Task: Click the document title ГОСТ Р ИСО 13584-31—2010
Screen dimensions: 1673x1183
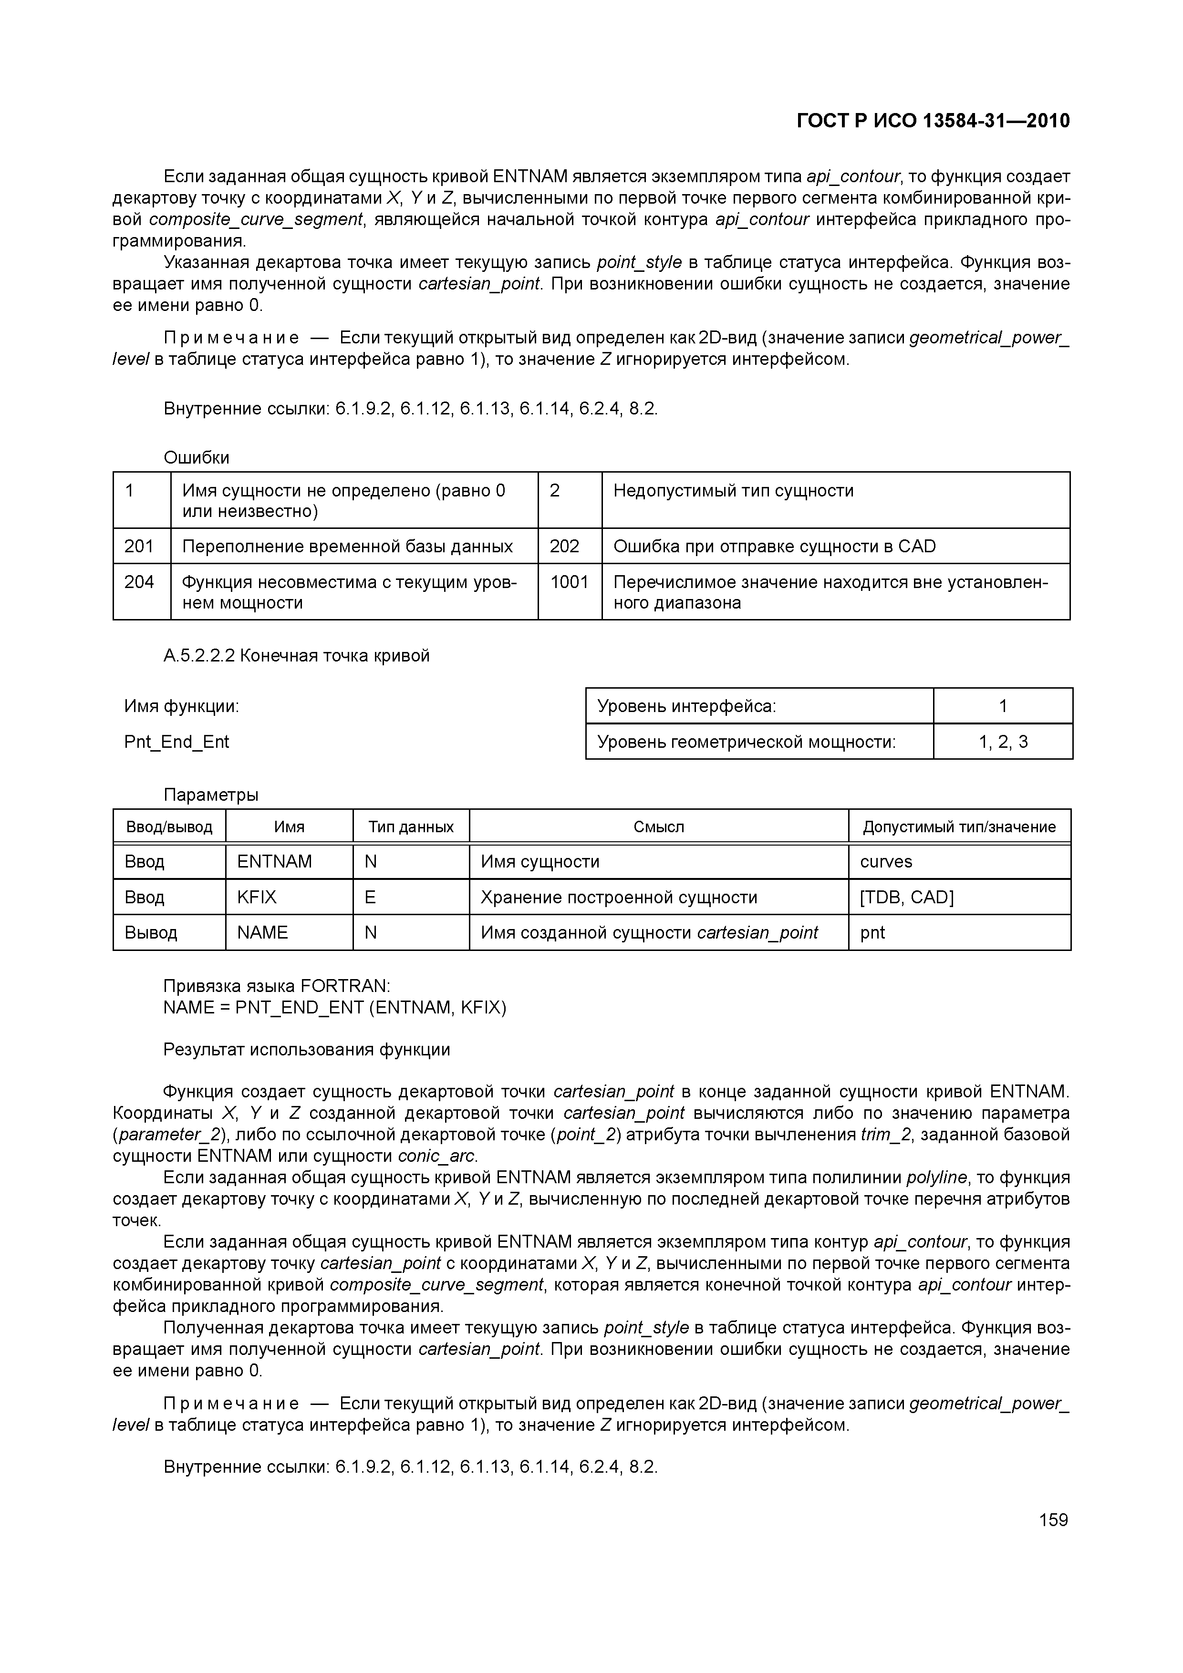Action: (933, 121)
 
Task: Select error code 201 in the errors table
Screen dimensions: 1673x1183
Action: (139, 546)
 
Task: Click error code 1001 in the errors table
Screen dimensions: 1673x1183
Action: (569, 581)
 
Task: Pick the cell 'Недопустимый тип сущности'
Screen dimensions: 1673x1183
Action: (733, 490)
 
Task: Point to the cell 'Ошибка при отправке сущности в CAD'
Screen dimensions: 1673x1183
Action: (774, 546)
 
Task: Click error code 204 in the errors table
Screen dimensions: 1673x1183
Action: (139, 581)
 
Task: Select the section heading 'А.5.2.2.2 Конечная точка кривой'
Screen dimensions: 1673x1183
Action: (297, 655)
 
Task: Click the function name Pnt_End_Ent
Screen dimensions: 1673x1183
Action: (176, 742)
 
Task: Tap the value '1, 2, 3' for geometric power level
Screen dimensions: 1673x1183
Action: (1003, 742)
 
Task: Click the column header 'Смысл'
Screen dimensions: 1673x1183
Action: (658, 826)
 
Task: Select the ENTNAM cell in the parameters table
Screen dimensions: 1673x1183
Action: (274, 861)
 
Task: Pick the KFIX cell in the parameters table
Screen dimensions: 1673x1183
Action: (257, 897)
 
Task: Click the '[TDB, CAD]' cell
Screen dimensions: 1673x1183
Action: (906, 897)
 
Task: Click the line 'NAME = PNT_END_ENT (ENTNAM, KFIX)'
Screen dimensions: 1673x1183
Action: (334, 1007)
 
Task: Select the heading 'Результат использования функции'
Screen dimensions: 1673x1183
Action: (307, 1049)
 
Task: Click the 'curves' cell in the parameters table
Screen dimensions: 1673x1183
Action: (886, 861)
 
